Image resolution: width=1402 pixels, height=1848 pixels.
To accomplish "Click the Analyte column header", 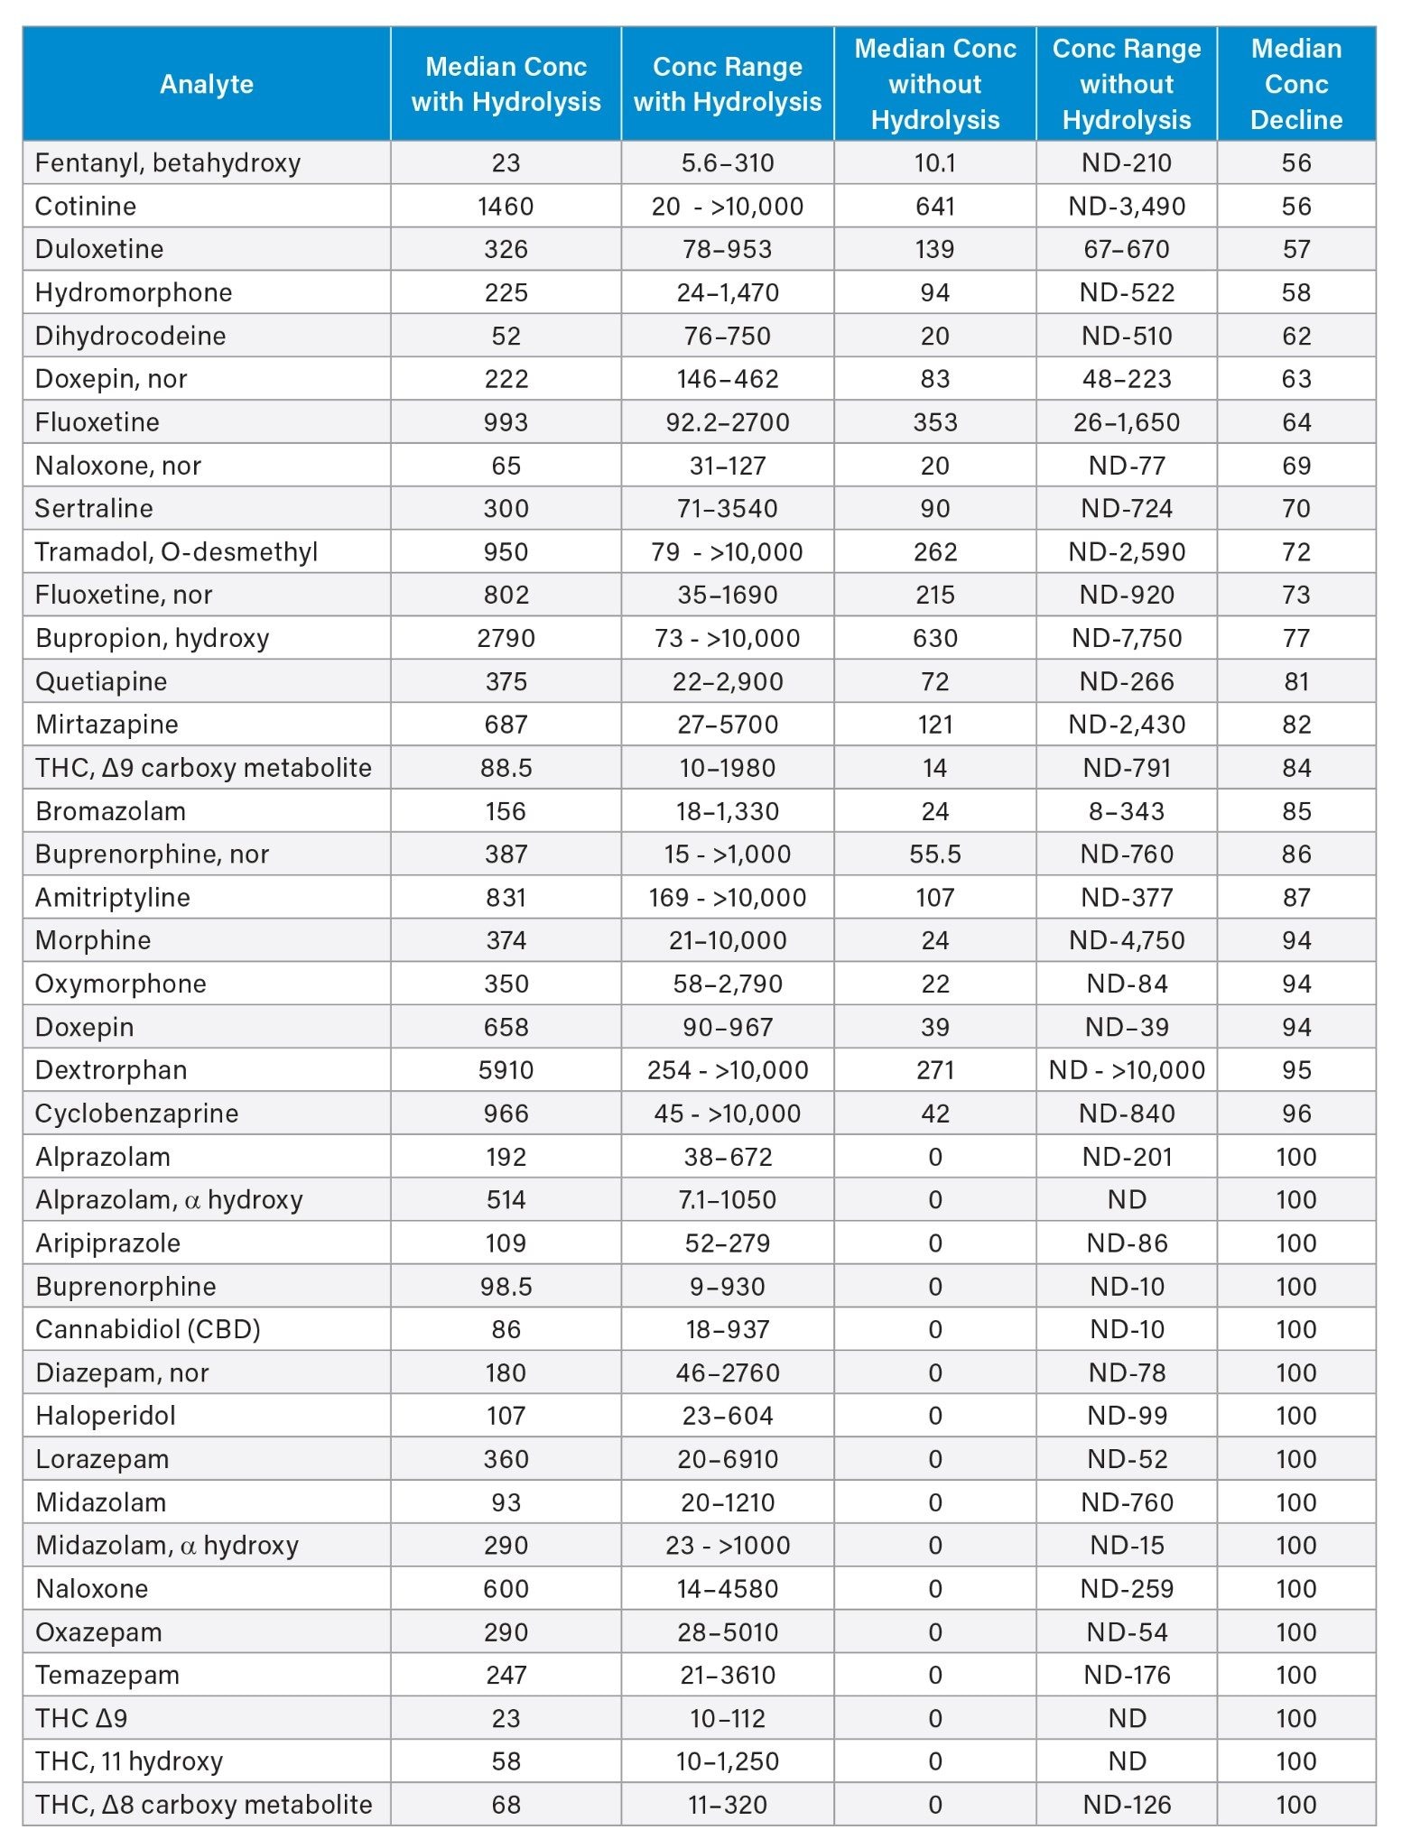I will (x=206, y=84).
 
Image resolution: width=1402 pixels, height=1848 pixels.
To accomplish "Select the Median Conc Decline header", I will (x=1295, y=84).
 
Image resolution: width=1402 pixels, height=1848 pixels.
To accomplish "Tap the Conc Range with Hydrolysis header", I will (x=727, y=84).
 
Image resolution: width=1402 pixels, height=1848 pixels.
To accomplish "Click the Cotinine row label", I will (x=86, y=206).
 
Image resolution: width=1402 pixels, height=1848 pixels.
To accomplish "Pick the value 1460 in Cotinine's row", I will (x=506, y=206).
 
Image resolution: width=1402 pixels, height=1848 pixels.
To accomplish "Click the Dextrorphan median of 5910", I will (x=506, y=1070).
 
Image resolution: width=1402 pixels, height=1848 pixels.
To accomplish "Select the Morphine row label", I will (x=93, y=940).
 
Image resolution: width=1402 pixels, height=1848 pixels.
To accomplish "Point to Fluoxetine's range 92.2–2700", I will (x=727, y=422).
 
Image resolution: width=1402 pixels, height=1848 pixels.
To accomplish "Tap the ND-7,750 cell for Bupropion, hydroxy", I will (x=1127, y=638).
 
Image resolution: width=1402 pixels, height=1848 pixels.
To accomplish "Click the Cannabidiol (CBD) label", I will (x=148, y=1329).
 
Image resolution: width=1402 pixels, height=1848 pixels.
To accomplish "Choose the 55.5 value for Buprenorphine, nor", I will (x=934, y=855).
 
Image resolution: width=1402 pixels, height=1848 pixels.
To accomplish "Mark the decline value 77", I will (x=1295, y=638).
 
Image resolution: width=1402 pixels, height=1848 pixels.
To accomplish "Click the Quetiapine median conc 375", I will (x=506, y=681).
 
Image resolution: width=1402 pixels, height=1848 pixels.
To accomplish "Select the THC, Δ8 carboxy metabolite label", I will (x=204, y=1804).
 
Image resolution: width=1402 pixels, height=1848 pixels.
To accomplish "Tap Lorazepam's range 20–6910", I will (x=727, y=1459).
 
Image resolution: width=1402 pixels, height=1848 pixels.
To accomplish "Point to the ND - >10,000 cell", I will (x=1127, y=1070).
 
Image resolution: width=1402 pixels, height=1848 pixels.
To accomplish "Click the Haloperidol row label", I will (x=106, y=1416).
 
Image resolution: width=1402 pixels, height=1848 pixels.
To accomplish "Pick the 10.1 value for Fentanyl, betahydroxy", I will (x=934, y=162).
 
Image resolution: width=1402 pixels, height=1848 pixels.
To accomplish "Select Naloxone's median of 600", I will (x=506, y=1588).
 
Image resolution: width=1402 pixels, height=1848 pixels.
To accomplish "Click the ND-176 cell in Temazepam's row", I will (x=1127, y=1675).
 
